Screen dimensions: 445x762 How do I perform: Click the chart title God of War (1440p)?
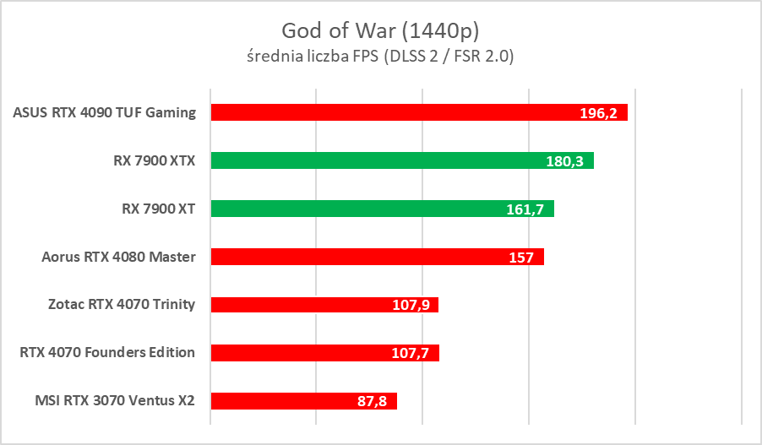click(x=381, y=30)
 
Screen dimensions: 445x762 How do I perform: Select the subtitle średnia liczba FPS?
click(x=381, y=57)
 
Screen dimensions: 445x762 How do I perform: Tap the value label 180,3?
click(x=565, y=161)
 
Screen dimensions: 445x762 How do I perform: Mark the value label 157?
click(x=521, y=258)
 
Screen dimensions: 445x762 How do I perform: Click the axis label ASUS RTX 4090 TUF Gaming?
click(x=105, y=112)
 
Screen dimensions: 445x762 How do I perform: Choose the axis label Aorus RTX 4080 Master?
click(x=119, y=257)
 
